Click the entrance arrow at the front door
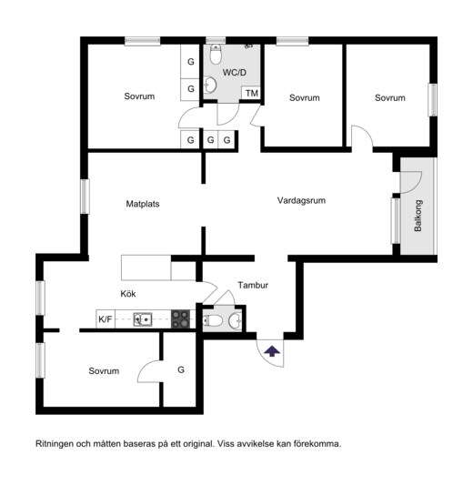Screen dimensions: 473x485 [272, 351]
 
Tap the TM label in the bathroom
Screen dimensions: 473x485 [252, 93]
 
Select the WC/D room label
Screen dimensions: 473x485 [235, 73]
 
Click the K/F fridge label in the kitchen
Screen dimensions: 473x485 [106, 319]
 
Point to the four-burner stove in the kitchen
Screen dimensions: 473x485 [181, 318]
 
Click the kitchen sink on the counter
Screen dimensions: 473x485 [143, 319]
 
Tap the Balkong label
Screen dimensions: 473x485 [418, 216]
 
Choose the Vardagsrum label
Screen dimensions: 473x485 [301, 200]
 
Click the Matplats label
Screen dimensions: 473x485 [143, 204]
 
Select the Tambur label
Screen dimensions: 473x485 [253, 285]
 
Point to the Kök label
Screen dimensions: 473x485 [128, 294]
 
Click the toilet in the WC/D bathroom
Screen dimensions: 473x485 [216, 54]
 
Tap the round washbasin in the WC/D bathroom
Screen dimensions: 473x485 [210, 85]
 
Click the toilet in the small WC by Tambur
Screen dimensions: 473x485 [213, 321]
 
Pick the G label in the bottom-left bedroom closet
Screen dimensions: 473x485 [181, 369]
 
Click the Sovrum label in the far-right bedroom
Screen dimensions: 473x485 [390, 98]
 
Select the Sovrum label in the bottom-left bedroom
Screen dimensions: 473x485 [104, 371]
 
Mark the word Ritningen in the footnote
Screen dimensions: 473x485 [55, 444]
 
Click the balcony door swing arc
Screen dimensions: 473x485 [417, 185]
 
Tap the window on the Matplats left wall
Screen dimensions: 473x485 [85, 197]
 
